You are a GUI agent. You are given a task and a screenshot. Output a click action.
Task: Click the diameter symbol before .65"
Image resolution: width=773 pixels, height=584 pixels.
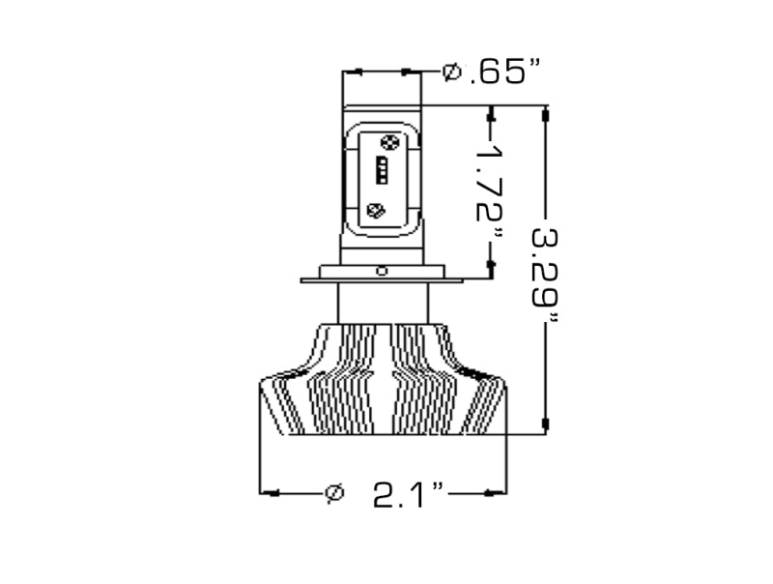[x=451, y=73]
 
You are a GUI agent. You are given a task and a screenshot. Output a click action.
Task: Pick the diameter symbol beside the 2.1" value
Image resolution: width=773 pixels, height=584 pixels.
[x=334, y=493]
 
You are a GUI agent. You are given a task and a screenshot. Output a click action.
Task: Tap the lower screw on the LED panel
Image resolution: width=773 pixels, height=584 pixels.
[x=378, y=210]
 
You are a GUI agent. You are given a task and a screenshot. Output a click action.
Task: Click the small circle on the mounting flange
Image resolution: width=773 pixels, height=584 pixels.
[x=383, y=271]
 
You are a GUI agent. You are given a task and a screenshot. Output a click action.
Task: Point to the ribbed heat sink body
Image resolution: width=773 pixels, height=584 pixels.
[x=383, y=387]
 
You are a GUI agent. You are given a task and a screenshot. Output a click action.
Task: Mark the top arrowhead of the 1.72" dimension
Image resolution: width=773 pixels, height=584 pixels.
[x=491, y=119]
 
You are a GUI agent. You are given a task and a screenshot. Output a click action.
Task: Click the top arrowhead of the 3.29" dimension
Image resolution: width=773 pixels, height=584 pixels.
[x=546, y=115]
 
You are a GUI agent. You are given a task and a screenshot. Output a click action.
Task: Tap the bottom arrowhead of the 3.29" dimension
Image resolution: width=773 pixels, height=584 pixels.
[x=546, y=424]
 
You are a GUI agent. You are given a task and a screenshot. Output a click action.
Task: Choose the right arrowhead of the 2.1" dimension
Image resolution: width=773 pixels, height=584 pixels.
[x=497, y=493]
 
